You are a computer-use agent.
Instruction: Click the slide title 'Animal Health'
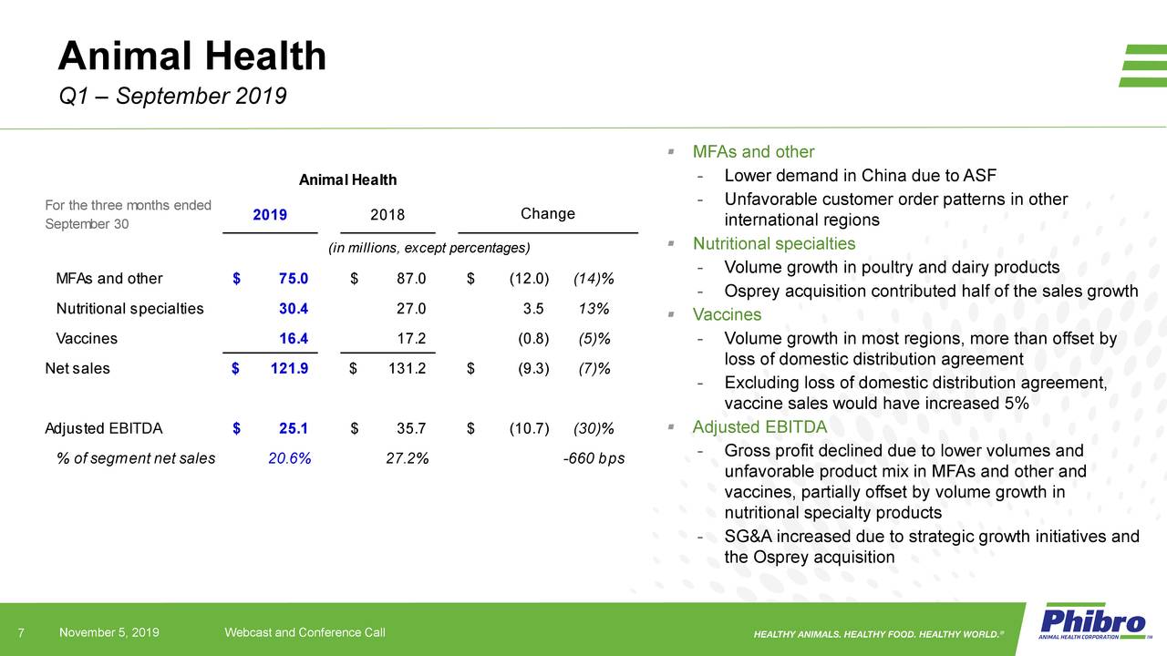point(191,56)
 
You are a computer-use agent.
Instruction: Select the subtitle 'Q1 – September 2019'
point(172,96)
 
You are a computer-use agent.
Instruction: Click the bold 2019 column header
point(270,215)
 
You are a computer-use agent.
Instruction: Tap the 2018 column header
point(387,215)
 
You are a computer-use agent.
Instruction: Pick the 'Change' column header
point(547,213)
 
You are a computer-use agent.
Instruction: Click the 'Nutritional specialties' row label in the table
point(130,308)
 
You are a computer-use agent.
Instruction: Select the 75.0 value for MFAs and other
point(293,278)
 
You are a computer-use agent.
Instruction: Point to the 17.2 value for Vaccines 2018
point(411,338)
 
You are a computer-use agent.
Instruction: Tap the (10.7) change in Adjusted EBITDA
point(529,428)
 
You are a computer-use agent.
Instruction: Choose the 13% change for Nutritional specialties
point(594,308)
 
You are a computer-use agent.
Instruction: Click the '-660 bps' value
point(594,458)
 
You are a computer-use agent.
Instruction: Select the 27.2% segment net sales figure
point(408,458)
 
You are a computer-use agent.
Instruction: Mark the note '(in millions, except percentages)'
point(429,249)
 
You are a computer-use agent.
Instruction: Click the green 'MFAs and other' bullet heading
point(753,151)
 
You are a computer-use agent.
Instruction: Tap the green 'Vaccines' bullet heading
point(727,314)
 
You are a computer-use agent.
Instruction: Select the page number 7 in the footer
point(21,633)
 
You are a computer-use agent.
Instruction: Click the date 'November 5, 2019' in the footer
point(109,633)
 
